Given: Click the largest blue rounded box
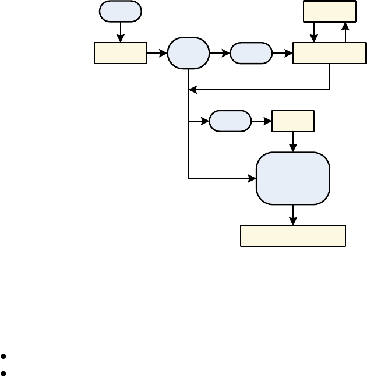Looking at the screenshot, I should (x=293, y=178).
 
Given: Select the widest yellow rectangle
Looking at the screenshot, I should (x=293, y=236).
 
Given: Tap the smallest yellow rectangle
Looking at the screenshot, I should (x=293, y=121).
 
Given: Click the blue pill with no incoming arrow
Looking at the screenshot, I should (x=121, y=11).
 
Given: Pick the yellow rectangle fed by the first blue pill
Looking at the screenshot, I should (x=121, y=53).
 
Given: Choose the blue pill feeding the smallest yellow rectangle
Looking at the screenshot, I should (x=230, y=121).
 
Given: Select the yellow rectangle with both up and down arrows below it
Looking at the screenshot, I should (x=330, y=11).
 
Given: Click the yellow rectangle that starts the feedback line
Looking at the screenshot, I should (x=330, y=53).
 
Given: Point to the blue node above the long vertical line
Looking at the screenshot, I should (x=188, y=53).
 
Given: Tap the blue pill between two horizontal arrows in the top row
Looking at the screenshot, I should (x=251, y=53).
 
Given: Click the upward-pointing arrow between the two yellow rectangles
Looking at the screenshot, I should (x=345, y=32).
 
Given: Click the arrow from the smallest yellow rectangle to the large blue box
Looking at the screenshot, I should (x=293, y=142).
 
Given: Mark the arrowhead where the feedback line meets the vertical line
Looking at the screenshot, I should (x=192, y=90).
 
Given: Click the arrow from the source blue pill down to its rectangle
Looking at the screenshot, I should (x=121, y=33).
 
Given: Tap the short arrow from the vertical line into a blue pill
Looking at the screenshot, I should (x=200, y=121).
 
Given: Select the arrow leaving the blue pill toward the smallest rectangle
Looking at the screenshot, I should (x=262, y=121).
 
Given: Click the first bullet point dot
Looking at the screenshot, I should (x=4, y=355).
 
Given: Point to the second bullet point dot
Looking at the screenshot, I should (x=4, y=372).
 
